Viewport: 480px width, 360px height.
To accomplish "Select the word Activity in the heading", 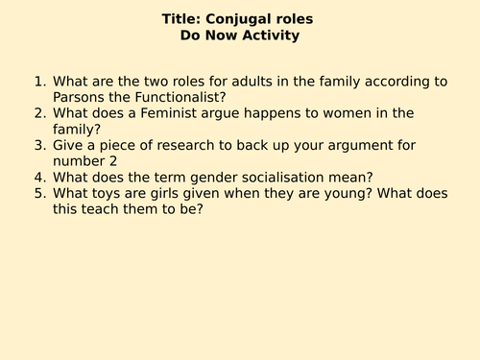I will (273, 36).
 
